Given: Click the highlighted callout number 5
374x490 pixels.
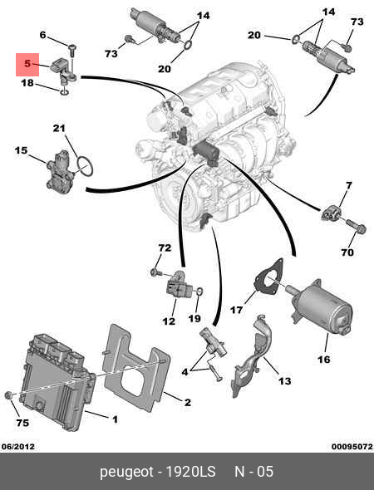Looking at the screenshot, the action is coord(27,64).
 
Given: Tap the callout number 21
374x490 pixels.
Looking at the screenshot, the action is coord(59,128).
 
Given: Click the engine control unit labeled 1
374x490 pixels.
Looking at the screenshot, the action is coord(57,381).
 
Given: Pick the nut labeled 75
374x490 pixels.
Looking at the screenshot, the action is coord(8,395).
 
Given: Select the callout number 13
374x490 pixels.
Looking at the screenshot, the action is coord(284,381).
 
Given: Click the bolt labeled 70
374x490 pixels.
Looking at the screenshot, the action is coord(356,226).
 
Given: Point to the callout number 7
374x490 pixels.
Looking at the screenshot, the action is coord(349,186).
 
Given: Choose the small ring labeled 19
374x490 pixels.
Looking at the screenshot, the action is coord(199,292).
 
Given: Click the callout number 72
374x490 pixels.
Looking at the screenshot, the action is coord(165,247).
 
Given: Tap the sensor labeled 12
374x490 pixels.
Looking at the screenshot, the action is coord(177,285).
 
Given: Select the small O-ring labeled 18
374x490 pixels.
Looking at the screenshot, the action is coord(65,92).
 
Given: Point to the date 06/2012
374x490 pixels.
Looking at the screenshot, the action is coord(17,446).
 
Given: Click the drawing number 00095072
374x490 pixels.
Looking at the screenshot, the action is coord(352,446).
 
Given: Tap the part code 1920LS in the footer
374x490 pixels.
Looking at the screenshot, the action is coord(190,472).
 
